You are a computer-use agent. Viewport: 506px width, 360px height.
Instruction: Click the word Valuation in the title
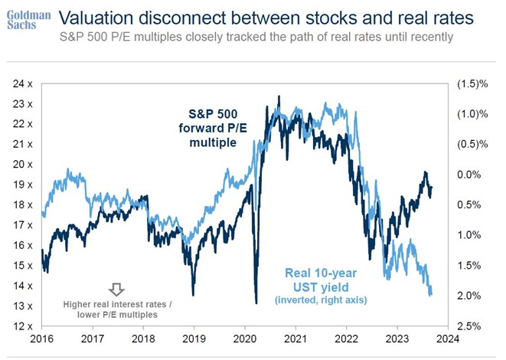click(97, 17)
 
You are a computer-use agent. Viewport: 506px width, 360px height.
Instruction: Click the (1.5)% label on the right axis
click(472, 83)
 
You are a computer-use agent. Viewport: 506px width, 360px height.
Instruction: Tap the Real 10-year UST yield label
click(322, 280)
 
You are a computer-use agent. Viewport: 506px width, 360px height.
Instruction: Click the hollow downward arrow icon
click(116, 290)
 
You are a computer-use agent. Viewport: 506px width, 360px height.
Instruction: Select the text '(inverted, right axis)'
click(322, 299)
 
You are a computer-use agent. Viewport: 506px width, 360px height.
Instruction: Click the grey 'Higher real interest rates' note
click(116, 309)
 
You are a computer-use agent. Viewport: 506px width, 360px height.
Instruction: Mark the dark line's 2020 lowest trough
click(255, 303)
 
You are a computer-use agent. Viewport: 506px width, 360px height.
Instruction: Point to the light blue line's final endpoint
click(431, 293)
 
